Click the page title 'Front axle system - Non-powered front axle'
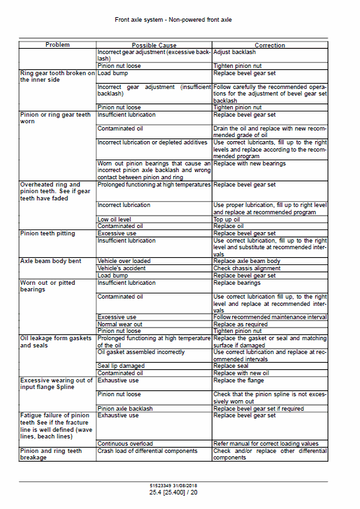pos(173,20)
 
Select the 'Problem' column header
pos(57,45)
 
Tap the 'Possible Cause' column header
pos(154,45)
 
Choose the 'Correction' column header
pos(270,45)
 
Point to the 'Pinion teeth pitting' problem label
pos(47,233)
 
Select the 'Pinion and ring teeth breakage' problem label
pos(51,454)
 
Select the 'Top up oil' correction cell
pos(227,220)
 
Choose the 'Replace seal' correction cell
pos(230,366)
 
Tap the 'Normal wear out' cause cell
pos(120,324)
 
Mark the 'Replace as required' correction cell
pos(239,324)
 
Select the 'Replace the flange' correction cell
pos(239,380)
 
